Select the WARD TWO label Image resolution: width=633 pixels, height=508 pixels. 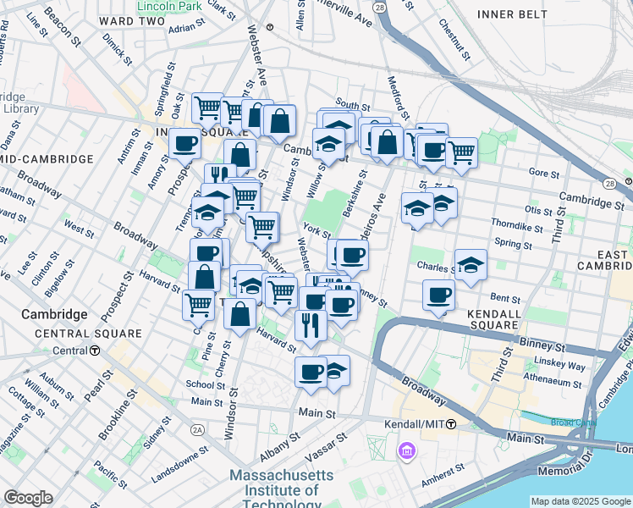pyautogui.click(x=130, y=19)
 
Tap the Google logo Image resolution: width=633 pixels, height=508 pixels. pyautogui.click(x=28, y=498)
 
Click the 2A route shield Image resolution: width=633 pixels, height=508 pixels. pyautogui.click(x=198, y=430)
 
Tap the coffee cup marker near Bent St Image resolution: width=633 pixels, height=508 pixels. pyautogui.click(x=439, y=296)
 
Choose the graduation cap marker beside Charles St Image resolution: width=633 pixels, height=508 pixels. pyautogui.click(x=471, y=264)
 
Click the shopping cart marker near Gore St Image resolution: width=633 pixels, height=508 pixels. pyautogui.click(x=460, y=152)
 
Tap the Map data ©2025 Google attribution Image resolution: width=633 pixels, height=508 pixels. pyautogui.click(x=581, y=501)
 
